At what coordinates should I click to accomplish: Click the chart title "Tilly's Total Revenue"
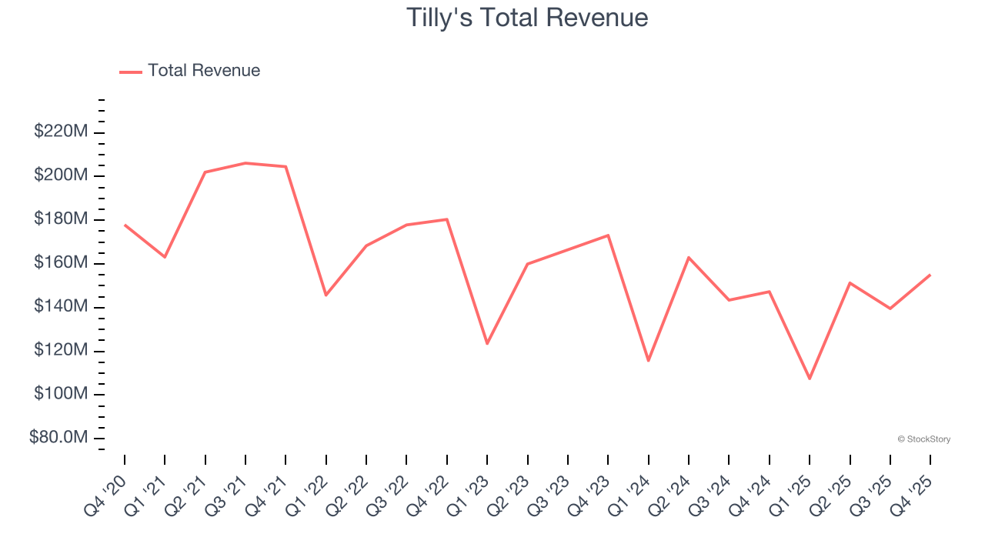point(527,18)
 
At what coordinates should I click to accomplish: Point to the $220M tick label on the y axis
point(61,132)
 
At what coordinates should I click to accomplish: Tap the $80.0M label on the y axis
point(58,438)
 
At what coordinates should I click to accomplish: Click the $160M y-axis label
point(61,263)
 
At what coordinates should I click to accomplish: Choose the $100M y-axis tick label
point(61,394)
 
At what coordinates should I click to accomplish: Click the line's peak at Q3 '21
point(245,163)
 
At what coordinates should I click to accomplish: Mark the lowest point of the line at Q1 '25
point(810,379)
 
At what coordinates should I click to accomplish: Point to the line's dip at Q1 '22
point(326,295)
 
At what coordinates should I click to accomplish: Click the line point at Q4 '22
point(447,219)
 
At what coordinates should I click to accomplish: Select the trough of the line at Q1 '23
point(487,343)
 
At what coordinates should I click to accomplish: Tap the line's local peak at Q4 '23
point(608,235)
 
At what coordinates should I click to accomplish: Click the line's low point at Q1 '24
point(649,360)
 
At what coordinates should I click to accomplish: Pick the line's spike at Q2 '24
point(689,257)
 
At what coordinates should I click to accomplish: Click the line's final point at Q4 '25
point(930,275)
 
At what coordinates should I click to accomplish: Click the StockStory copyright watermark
point(923,439)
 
